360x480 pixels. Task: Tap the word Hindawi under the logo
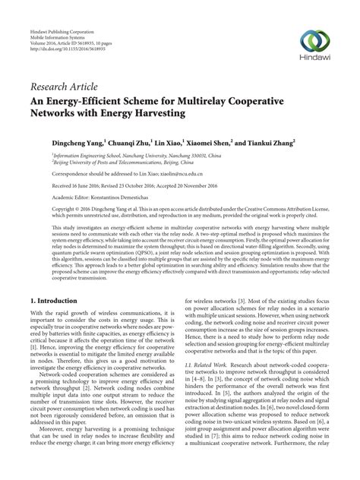pyautogui.click(x=315, y=63)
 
